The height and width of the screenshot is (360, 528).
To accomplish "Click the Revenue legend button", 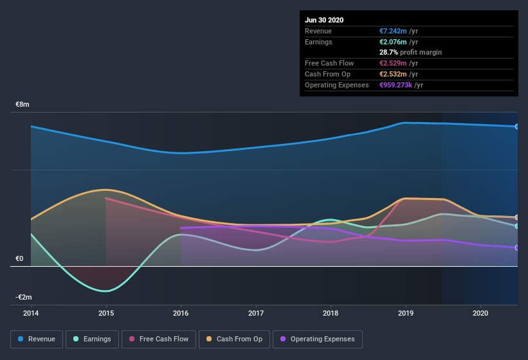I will [37, 339].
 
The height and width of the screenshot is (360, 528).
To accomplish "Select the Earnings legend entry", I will [92, 339].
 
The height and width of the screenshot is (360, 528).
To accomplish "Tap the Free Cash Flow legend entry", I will [159, 339].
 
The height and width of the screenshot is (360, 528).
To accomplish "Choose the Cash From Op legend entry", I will [233, 339].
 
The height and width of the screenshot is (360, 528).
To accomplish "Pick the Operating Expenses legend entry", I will [317, 339].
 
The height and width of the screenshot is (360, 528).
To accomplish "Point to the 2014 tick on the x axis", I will [31, 313].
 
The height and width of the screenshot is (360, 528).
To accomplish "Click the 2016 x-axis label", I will [181, 313].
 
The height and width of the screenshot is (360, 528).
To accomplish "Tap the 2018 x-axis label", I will [331, 313].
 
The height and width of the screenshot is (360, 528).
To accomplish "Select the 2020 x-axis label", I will [480, 313].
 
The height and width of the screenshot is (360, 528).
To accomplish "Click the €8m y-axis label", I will [23, 104].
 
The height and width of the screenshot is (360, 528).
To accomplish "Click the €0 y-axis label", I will [19, 258].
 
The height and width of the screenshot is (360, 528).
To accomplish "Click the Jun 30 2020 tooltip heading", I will [324, 20].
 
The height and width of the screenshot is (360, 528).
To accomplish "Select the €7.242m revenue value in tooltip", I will [393, 31].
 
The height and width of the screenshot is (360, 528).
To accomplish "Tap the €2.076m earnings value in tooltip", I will [393, 42].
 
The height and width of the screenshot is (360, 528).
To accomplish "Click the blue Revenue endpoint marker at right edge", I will [517, 127].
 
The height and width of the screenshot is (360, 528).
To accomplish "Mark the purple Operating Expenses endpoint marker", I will [517, 248].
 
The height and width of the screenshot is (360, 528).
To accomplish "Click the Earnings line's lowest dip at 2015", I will [106, 291].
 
